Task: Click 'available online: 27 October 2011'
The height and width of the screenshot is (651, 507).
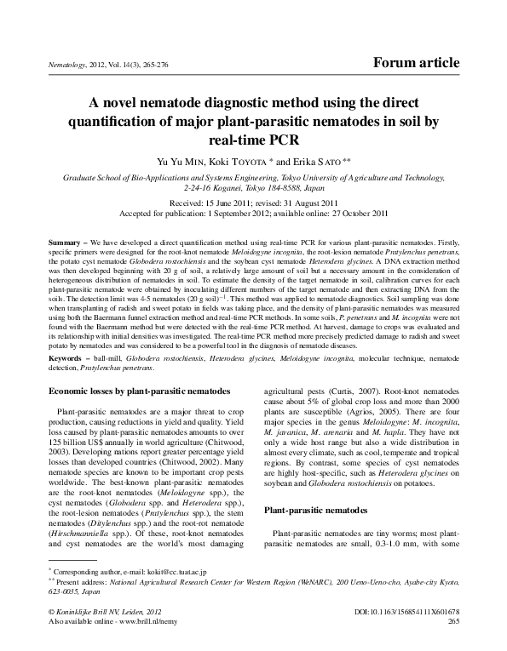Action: coord(327,214)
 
